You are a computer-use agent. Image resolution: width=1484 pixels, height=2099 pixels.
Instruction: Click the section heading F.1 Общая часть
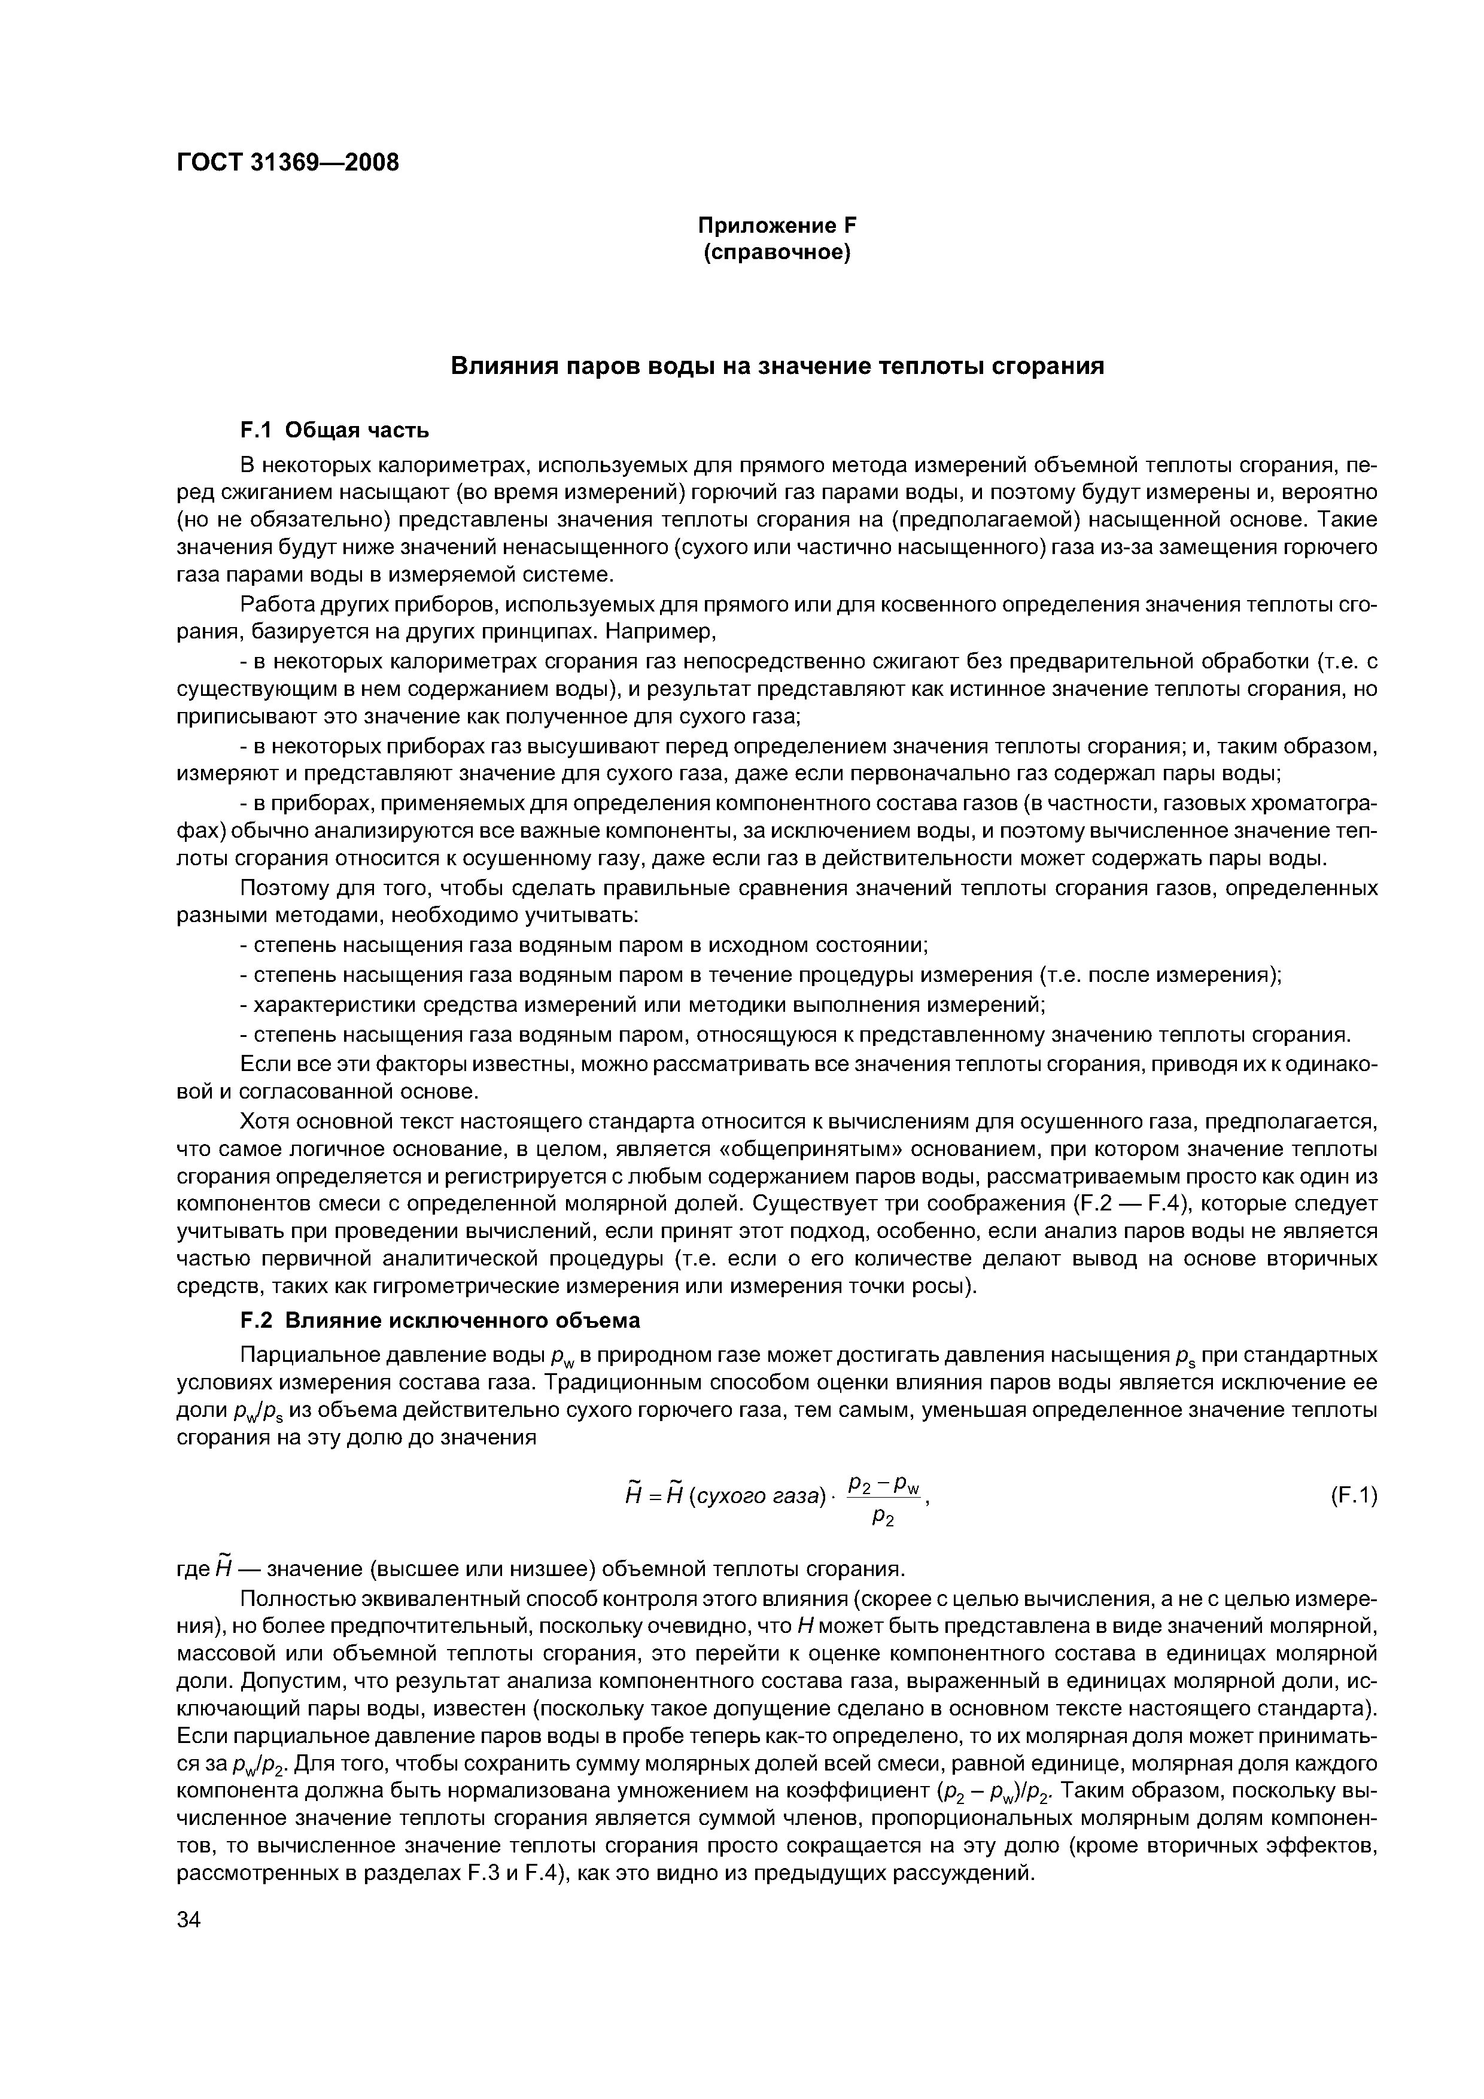coord(334,430)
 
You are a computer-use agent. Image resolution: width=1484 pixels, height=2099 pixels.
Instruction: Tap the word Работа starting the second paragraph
coord(277,604)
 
